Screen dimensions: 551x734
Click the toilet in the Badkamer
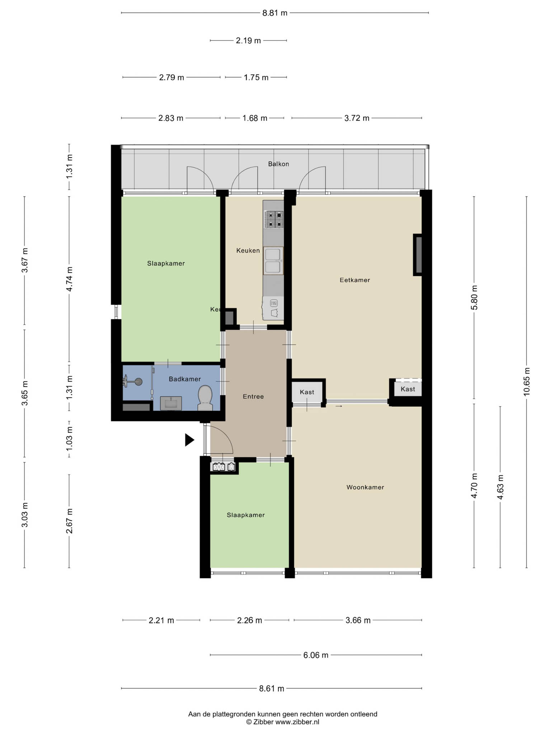205,398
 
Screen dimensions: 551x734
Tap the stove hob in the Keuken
274,220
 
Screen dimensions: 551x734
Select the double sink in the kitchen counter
273,261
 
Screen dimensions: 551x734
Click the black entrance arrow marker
189,440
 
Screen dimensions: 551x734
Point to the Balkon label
278,164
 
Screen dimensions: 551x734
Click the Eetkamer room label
355,280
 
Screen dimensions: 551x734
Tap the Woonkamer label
365,487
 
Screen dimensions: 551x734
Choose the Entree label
253,396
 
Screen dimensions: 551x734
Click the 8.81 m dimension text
275,13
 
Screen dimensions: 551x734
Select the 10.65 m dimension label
526,382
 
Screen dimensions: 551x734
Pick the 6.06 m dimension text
316,655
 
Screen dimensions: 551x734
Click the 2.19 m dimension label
248,40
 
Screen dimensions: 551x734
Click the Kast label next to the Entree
307,392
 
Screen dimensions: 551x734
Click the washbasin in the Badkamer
171,403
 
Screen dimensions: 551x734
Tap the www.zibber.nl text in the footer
297,722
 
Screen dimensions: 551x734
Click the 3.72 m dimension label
357,118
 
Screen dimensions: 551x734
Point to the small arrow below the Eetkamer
339,406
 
